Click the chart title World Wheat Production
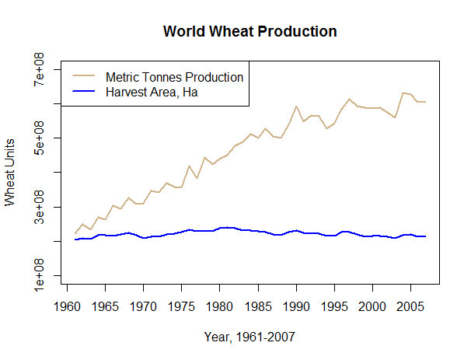click(249, 32)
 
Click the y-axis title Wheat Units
click(10, 173)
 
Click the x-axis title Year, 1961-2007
click(249, 337)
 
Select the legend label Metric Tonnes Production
click(174, 77)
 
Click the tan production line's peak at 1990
click(296, 107)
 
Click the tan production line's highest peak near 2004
click(403, 93)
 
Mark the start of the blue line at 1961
click(75, 239)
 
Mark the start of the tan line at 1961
click(75, 233)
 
